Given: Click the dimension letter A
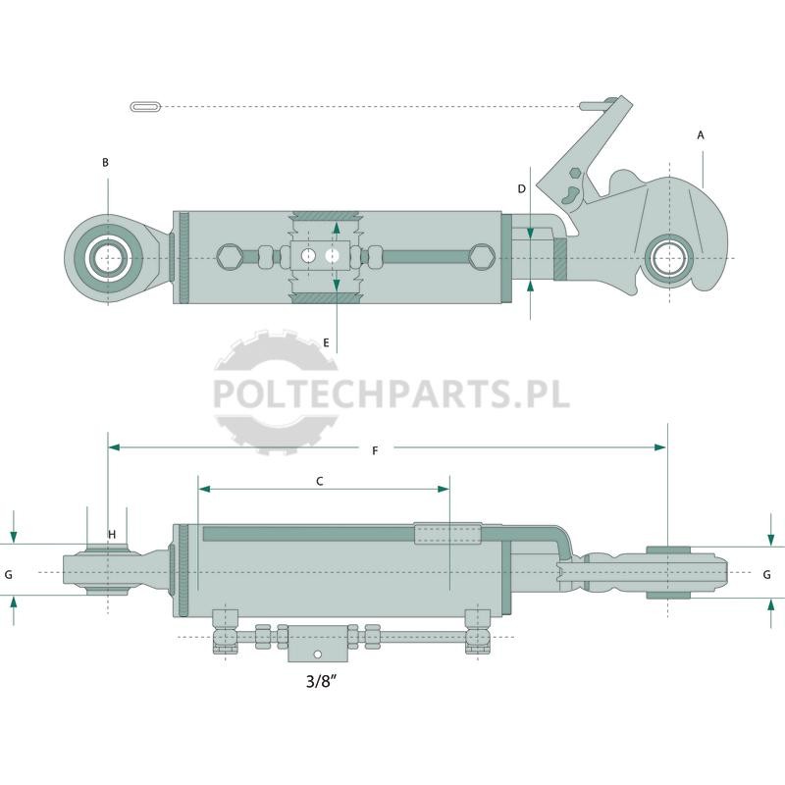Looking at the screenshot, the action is click(x=701, y=135).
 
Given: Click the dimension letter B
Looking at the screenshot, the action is click(x=105, y=162).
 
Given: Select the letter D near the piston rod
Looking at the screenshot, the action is click(x=522, y=188).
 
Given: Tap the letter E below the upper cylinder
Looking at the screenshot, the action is click(x=327, y=342).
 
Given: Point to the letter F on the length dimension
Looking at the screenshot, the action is click(x=375, y=451).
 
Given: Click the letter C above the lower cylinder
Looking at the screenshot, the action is click(x=320, y=481).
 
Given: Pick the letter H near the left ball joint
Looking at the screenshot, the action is click(x=112, y=535).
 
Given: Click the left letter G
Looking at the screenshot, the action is click(x=9, y=575).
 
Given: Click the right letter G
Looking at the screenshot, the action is click(x=766, y=575).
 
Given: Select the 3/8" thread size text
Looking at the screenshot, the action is click(x=321, y=681).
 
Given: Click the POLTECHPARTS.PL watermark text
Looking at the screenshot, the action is click(x=392, y=394).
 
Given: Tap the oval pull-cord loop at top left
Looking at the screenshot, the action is click(x=145, y=107).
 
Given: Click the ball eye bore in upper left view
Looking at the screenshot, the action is click(x=108, y=258).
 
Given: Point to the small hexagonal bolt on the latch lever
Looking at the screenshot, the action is click(x=576, y=174).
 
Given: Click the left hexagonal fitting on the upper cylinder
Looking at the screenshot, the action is click(x=230, y=257).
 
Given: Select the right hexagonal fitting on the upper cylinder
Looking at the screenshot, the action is click(x=483, y=257).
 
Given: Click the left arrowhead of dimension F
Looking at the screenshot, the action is click(x=114, y=447).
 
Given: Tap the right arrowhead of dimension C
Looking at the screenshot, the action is click(x=444, y=489).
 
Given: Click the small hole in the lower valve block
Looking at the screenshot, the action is click(x=317, y=654).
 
